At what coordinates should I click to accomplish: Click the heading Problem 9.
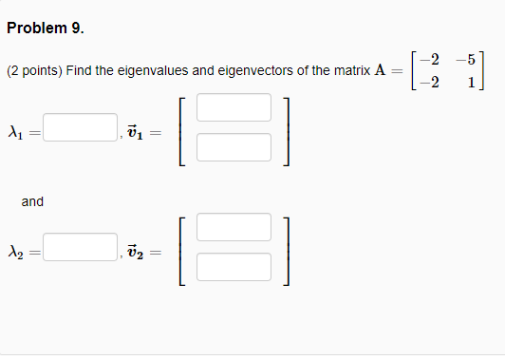click(x=45, y=28)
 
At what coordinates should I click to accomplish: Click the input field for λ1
click(x=79, y=127)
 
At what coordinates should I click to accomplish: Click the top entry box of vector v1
click(x=234, y=107)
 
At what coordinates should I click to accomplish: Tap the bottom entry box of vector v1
click(x=234, y=146)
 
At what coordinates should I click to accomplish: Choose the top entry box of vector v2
click(x=234, y=227)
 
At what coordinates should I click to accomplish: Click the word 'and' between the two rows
click(x=32, y=201)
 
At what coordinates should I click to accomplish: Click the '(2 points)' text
click(x=34, y=71)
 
